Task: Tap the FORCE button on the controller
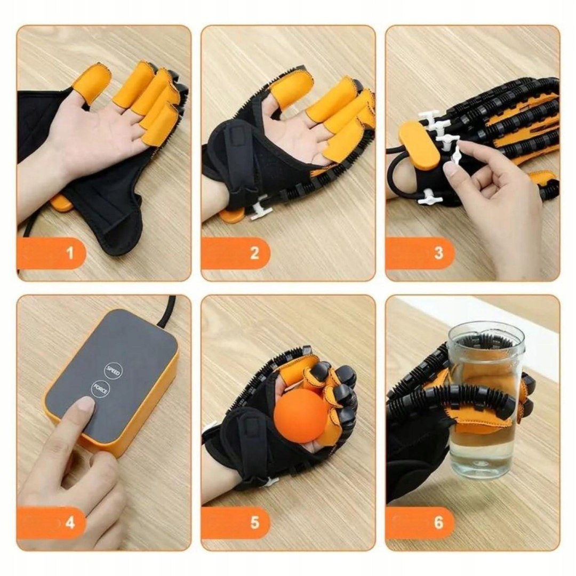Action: point(100,390)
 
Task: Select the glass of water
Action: point(485,400)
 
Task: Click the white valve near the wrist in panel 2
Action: point(261,210)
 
